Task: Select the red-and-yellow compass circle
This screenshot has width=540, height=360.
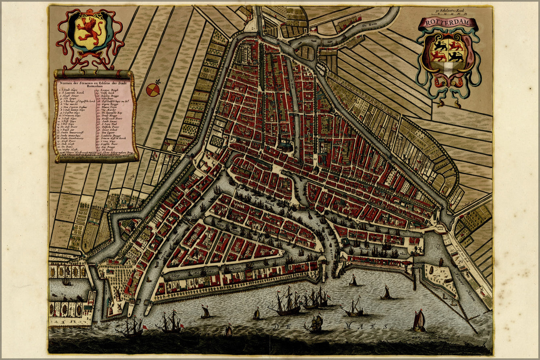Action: [x=152, y=90]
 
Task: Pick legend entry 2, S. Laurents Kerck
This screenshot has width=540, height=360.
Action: [x=72, y=93]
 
